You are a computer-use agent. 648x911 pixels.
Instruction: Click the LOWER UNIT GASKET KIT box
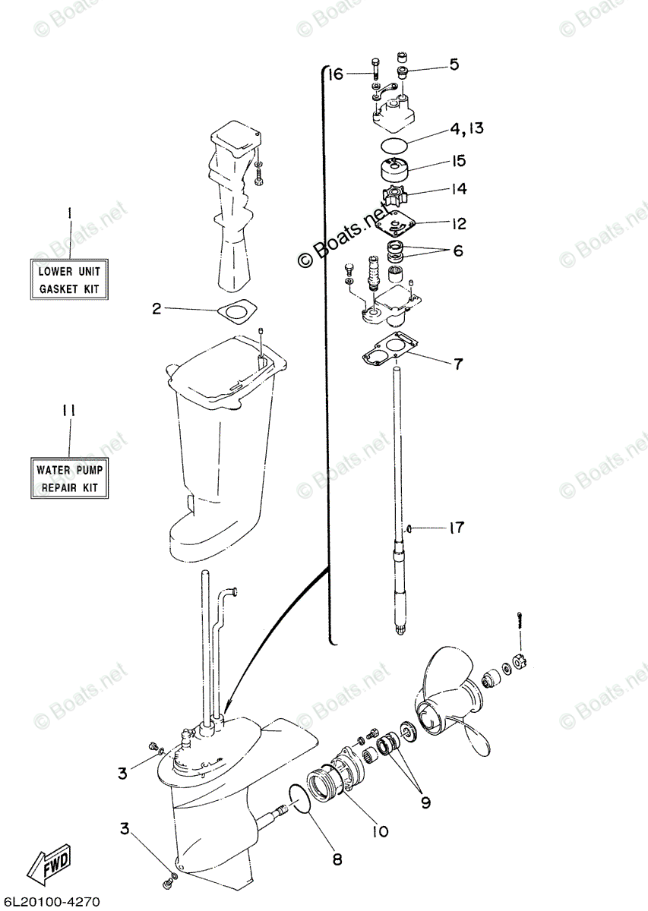pyautogui.click(x=69, y=279)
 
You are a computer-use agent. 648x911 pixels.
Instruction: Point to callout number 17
pyautogui.click(x=456, y=528)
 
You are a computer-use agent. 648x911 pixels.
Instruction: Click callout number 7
pyautogui.click(x=457, y=364)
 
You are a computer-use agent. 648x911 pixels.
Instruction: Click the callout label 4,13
pyautogui.click(x=465, y=130)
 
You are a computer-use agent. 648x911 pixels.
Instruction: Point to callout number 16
pyautogui.click(x=336, y=74)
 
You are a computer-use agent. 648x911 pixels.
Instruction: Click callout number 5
pyautogui.click(x=454, y=65)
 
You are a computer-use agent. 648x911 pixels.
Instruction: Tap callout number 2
pyautogui.click(x=156, y=308)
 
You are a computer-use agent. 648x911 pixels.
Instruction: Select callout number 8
pyautogui.click(x=337, y=859)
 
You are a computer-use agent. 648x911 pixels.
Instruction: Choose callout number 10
pyautogui.click(x=380, y=831)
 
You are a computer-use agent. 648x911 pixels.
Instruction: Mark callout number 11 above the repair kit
pyautogui.click(x=69, y=411)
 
